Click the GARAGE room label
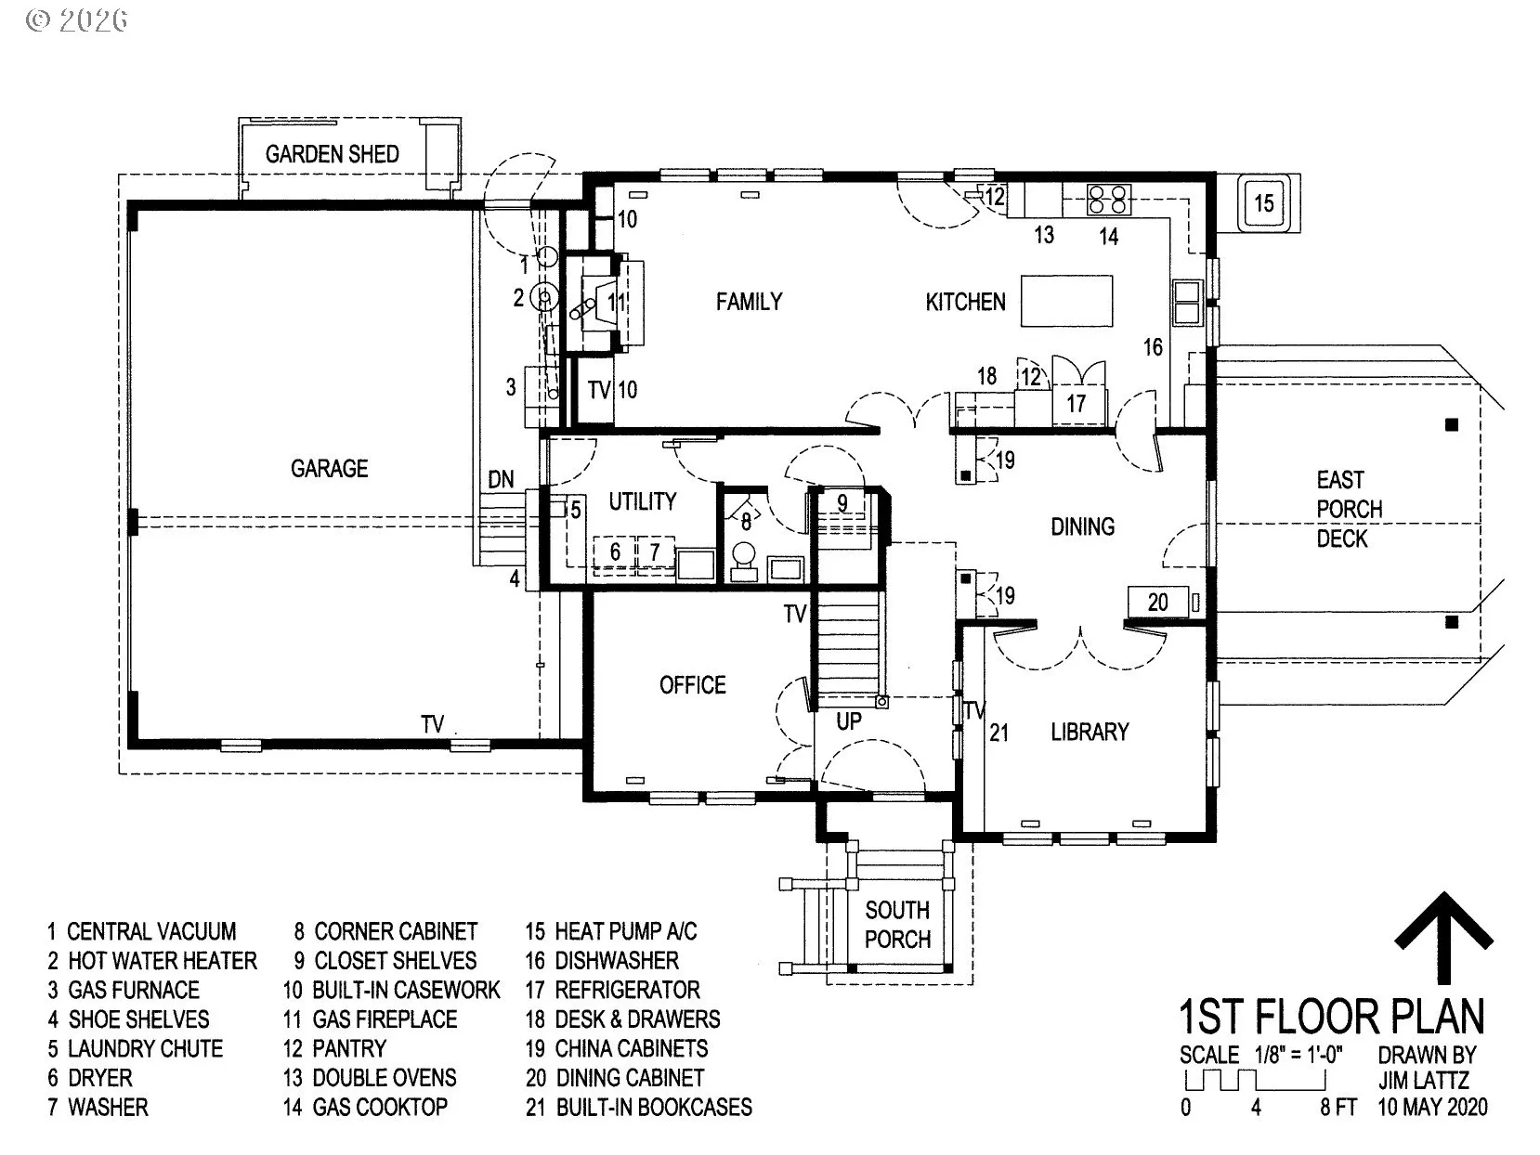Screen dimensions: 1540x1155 pyautogui.click(x=329, y=469)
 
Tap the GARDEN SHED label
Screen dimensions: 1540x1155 pyautogui.click(x=332, y=154)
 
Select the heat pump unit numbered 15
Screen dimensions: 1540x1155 pyautogui.click(x=1263, y=203)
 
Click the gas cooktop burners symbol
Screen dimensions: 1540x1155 pyautogui.click(x=1108, y=200)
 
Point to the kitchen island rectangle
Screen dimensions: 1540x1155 pyautogui.click(x=1066, y=301)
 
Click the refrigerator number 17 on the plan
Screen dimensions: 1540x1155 pyautogui.click(x=1077, y=404)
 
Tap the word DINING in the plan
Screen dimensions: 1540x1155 pyautogui.click(x=1083, y=526)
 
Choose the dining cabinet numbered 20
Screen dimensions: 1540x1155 pyautogui.click(x=1158, y=602)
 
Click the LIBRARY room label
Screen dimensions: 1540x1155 pyautogui.click(x=1090, y=733)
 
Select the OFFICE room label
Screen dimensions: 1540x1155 pyautogui.click(x=693, y=685)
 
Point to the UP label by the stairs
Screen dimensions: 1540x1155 pyautogui.click(x=849, y=720)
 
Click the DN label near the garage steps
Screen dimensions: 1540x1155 pyautogui.click(x=501, y=480)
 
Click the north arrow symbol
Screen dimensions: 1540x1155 pyautogui.click(x=1443, y=939)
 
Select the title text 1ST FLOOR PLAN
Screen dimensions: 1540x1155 pyautogui.click(x=1332, y=1017)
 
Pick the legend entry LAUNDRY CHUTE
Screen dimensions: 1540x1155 pyautogui.click(x=136, y=1048)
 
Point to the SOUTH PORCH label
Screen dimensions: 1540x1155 pyautogui.click(x=898, y=925)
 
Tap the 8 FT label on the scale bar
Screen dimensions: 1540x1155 pyautogui.click(x=1338, y=1108)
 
